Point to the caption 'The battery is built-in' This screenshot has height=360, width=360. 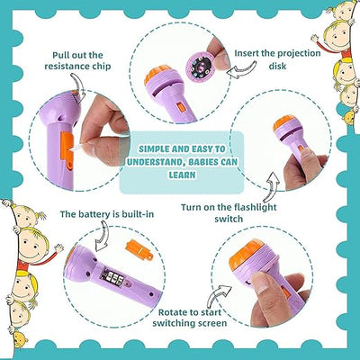(94, 214)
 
